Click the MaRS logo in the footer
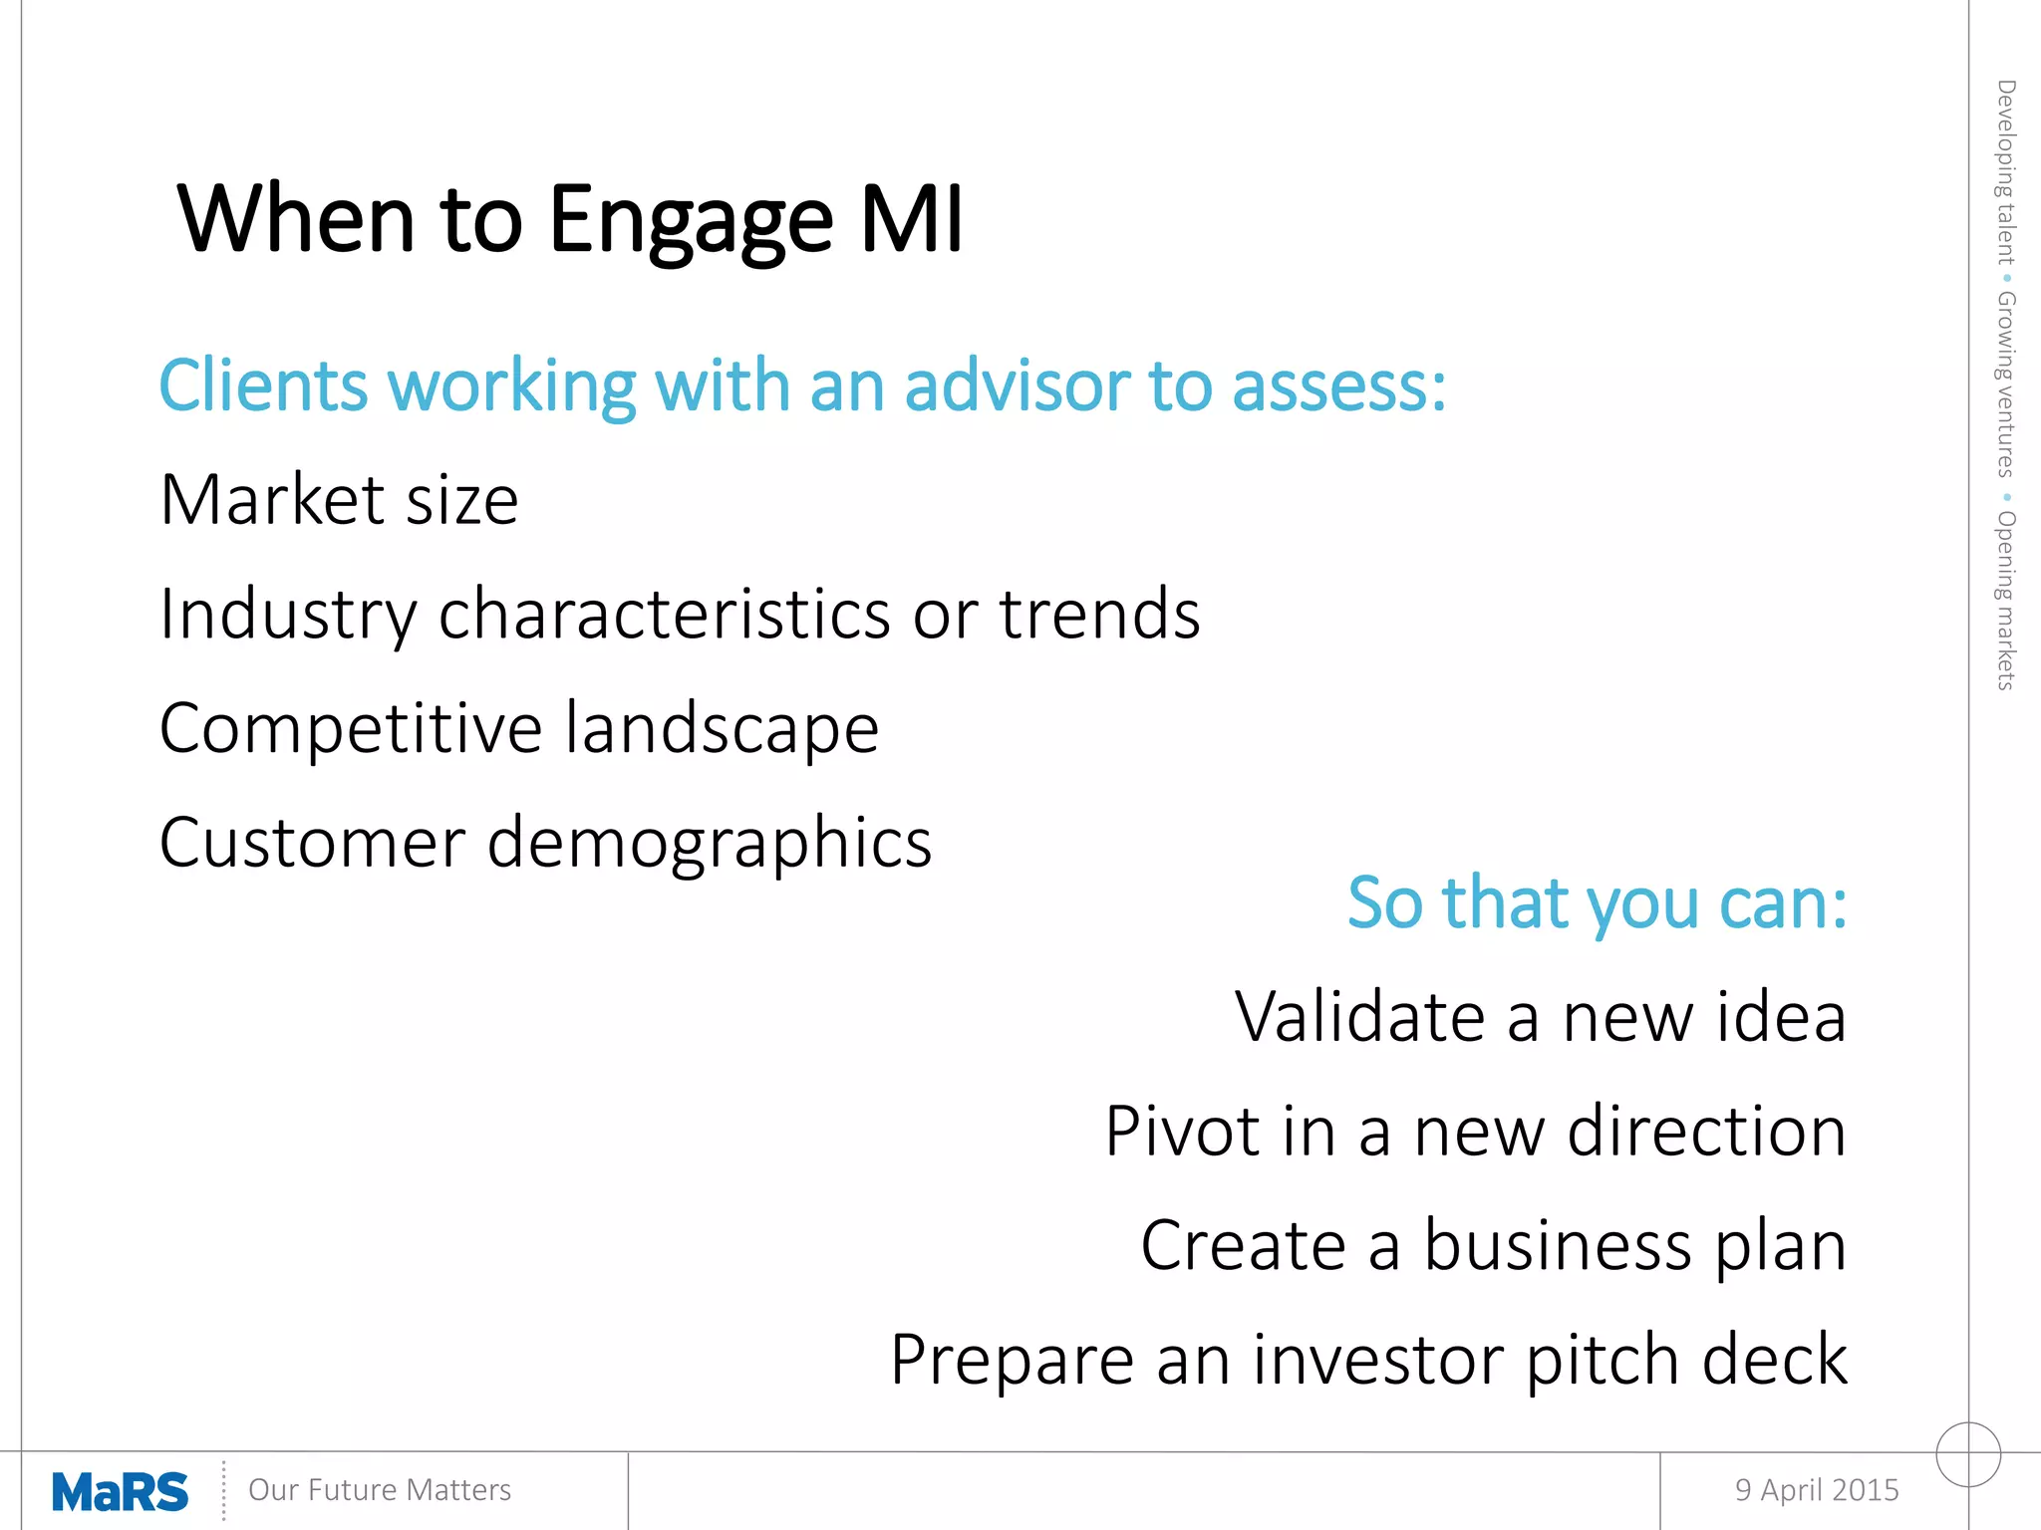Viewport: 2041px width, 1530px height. [120, 1491]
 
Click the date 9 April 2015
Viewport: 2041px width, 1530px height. [1816, 1490]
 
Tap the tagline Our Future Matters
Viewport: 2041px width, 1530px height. [379, 1490]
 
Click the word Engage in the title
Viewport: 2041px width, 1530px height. [690, 221]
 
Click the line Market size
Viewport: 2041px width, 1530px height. [339, 500]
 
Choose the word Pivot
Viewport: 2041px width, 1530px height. [1183, 1133]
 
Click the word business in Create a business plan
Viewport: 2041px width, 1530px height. [1558, 1246]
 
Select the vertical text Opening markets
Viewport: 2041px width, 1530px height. [2005, 601]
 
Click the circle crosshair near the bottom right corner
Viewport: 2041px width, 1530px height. [1968, 1454]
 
